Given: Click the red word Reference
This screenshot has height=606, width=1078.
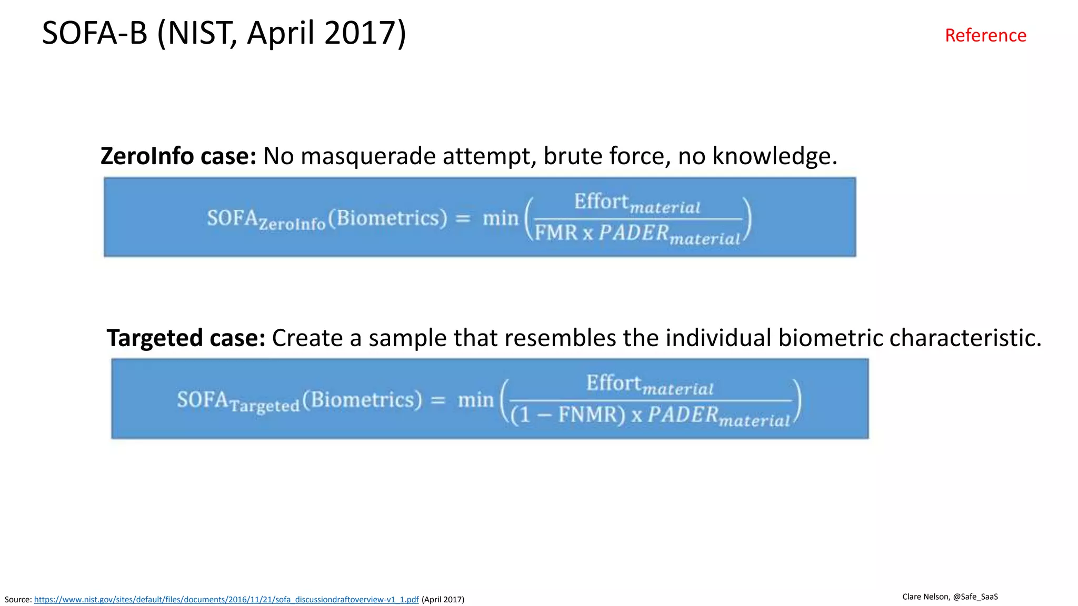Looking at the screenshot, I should coord(985,35).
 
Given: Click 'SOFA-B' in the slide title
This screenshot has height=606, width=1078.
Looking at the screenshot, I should coord(95,33).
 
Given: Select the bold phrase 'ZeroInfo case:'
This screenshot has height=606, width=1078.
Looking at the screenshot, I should coord(178,156).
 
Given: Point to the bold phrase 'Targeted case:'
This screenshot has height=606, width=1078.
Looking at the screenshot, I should coord(186,338).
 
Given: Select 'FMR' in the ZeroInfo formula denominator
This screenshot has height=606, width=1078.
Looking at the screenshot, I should coord(556,233).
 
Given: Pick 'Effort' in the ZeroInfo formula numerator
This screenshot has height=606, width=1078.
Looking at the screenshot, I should coord(601,201).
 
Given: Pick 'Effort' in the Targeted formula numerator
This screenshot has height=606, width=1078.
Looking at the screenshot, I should coord(614,383).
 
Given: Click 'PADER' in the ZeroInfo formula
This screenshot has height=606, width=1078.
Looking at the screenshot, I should coord(634,233).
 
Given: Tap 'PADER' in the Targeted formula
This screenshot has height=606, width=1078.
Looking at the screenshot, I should coord(683,415).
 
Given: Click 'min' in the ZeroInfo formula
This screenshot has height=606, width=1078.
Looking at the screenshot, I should coord(501,218).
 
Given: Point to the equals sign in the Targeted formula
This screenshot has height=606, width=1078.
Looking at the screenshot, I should coord(438,400).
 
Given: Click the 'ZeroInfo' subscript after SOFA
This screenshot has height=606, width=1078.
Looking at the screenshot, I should coord(292,224).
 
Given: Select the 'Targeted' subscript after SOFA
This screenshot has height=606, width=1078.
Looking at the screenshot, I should coord(265,406).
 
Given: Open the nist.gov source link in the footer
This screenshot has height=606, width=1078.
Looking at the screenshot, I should coord(226,600).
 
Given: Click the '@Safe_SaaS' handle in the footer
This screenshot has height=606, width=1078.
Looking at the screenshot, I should coord(975,597).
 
